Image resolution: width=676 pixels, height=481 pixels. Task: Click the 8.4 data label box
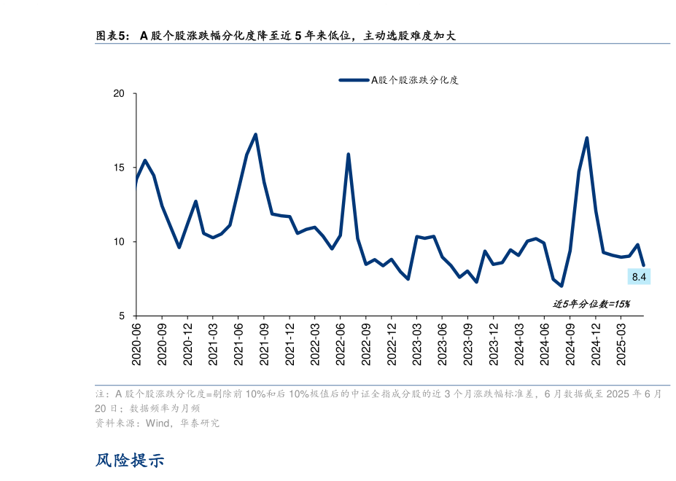640,276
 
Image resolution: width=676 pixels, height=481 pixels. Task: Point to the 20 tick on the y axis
119,94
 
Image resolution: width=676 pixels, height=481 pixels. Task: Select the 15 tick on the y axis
119,168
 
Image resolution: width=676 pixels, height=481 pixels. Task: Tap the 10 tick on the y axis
119,242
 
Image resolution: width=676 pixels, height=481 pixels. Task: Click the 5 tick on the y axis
122,316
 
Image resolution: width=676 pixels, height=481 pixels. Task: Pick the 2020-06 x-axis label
136,343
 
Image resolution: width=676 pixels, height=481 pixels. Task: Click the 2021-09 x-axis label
264,343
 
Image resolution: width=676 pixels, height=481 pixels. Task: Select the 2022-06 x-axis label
341,343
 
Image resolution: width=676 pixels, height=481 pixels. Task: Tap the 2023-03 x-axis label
417,343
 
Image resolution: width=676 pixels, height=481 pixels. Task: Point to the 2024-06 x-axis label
545,343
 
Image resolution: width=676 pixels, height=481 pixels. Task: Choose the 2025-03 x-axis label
621,343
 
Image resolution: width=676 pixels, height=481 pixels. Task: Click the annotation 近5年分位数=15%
591,304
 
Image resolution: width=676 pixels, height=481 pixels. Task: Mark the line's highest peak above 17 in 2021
255,134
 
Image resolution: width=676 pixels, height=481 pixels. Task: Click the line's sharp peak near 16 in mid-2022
348,155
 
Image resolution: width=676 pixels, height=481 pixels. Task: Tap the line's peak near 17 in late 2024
587,138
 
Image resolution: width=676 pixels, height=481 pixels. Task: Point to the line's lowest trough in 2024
562,286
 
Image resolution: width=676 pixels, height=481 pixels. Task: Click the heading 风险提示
130,461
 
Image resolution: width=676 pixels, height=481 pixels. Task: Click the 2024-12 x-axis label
596,343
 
